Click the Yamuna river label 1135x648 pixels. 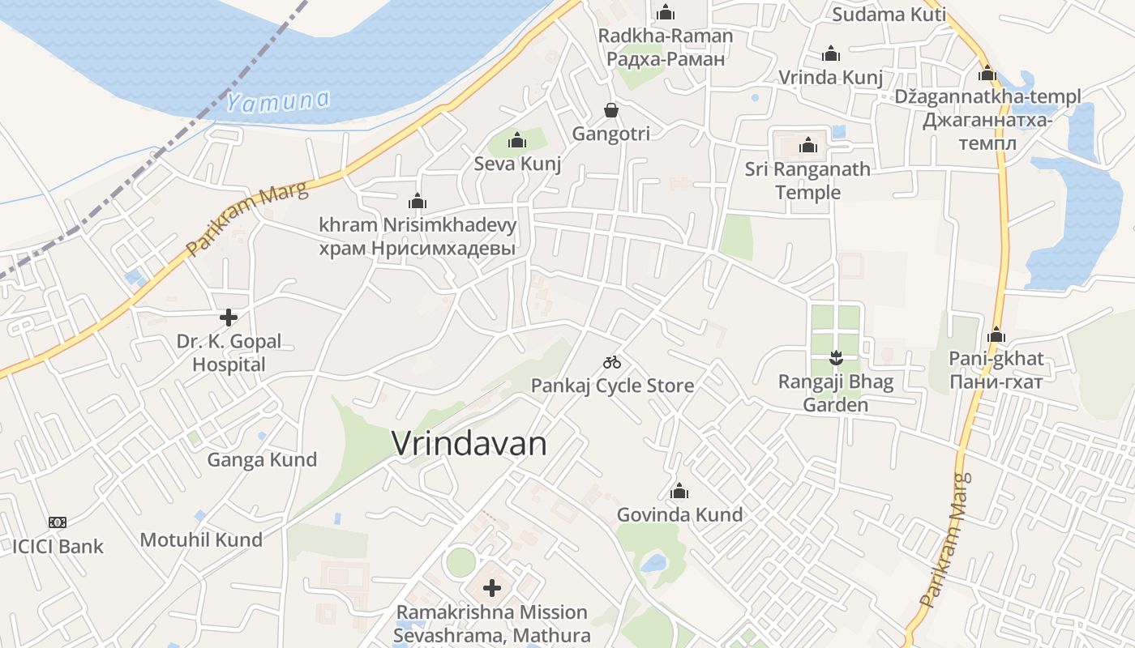[x=278, y=101]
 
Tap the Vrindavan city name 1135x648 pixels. [x=469, y=443]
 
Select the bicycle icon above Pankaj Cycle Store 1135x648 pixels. [x=612, y=362]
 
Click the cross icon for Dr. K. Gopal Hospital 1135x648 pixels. [x=229, y=317]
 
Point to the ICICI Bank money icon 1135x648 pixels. [x=58, y=522]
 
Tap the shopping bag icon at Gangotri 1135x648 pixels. [x=610, y=109]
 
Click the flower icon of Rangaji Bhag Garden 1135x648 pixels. [x=835, y=356]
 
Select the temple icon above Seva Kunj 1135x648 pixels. [x=517, y=141]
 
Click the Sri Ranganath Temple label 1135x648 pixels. [x=807, y=181]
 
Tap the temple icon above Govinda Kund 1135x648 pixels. [x=679, y=491]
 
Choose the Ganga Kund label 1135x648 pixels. [x=262, y=460]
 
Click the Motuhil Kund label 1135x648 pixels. [x=201, y=539]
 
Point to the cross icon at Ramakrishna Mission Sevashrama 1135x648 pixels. [x=492, y=588]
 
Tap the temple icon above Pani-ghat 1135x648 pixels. [x=996, y=335]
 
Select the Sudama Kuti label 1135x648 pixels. [x=889, y=14]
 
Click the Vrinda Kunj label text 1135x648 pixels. [x=830, y=78]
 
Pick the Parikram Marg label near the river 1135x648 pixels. [x=246, y=219]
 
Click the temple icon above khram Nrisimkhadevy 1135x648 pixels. [x=418, y=201]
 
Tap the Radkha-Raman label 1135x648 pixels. [x=665, y=36]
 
